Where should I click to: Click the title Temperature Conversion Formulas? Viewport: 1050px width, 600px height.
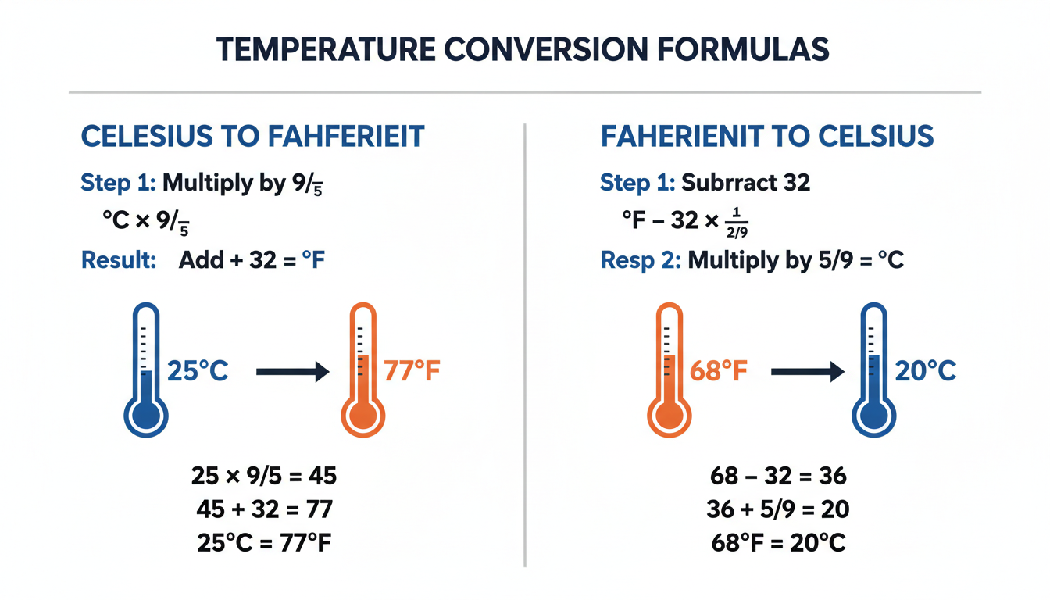coord(523,48)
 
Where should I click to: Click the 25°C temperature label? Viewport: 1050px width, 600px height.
coord(198,371)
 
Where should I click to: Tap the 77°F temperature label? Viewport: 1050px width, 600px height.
coord(412,371)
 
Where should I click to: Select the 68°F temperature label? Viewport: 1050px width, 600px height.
coord(719,371)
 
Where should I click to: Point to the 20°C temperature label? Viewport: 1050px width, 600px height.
coord(926,371)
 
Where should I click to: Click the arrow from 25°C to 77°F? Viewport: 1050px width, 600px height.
coord(292,372)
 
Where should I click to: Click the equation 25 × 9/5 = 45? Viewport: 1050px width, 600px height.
coord(264,476)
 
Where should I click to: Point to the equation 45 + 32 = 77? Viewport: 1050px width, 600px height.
coord(264,509)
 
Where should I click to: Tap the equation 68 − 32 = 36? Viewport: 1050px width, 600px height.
coord(779,476)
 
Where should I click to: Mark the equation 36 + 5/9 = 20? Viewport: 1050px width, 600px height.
coord(779,509)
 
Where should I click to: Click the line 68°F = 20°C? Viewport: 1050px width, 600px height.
coord(779,542)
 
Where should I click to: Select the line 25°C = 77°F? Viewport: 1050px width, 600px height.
coord(264,542)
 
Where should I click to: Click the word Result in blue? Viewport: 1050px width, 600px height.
coord(119,260)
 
